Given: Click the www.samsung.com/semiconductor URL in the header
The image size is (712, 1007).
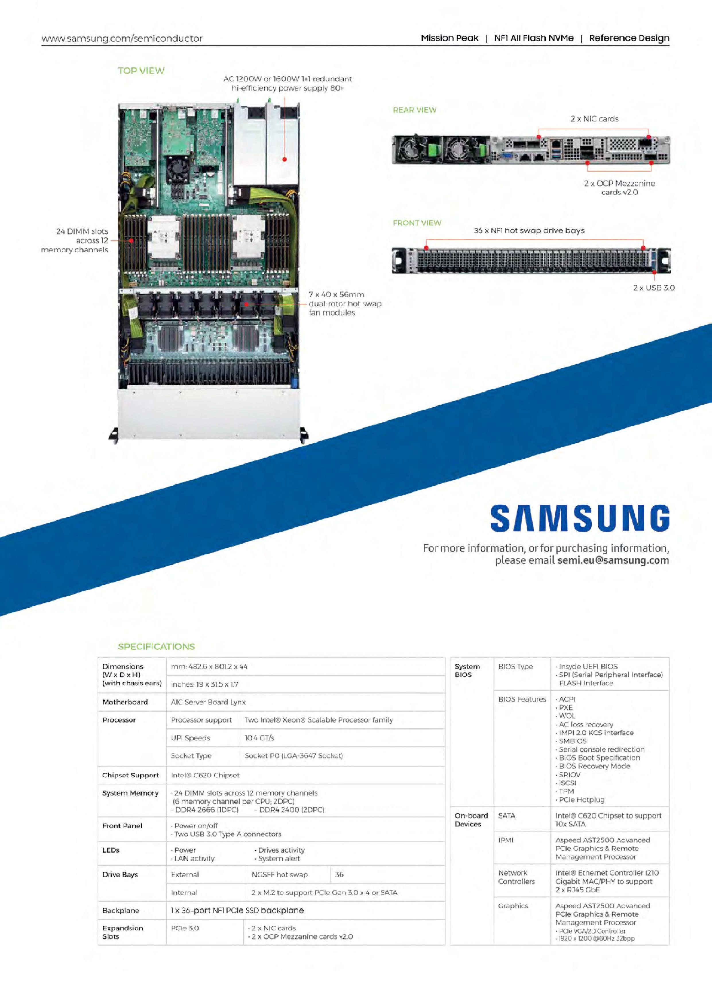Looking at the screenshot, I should tap(122, 38).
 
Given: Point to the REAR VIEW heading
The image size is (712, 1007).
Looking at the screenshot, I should tap(414, 110).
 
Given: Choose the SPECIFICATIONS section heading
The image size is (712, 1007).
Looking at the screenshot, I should tap(156, 646).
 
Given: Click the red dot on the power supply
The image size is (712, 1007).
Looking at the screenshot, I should tap(284, 160).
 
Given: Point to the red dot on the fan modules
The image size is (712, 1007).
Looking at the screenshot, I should tap(247, 304).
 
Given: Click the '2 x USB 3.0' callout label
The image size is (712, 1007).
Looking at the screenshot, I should tap(653, 288).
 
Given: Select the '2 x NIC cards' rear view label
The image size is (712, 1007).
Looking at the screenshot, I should tap(594, 119).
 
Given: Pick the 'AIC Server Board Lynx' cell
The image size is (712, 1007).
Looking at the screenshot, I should tap(208, 702).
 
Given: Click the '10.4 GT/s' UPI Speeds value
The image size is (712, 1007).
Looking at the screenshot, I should tap(259, 738).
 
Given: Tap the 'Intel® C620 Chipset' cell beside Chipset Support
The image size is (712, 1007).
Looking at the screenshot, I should tap(205, 775).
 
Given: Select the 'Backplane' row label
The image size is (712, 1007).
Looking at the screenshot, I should tap(121, 911).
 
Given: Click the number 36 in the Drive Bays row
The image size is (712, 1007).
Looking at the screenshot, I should tap(339, 875).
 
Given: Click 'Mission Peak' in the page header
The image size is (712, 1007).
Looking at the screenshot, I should tap(449, 38).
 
